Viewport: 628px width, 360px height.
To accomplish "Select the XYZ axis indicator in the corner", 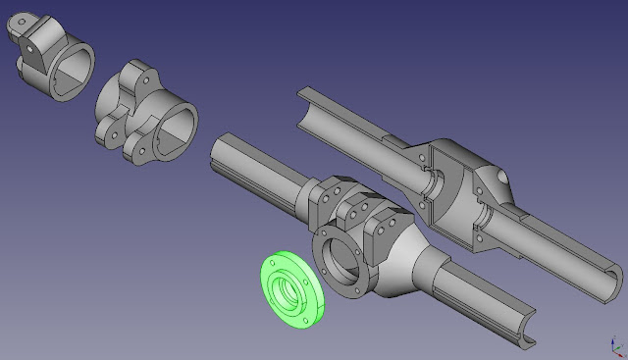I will click(615, 345).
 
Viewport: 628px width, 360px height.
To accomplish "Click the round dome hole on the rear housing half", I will click(501, 178).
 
